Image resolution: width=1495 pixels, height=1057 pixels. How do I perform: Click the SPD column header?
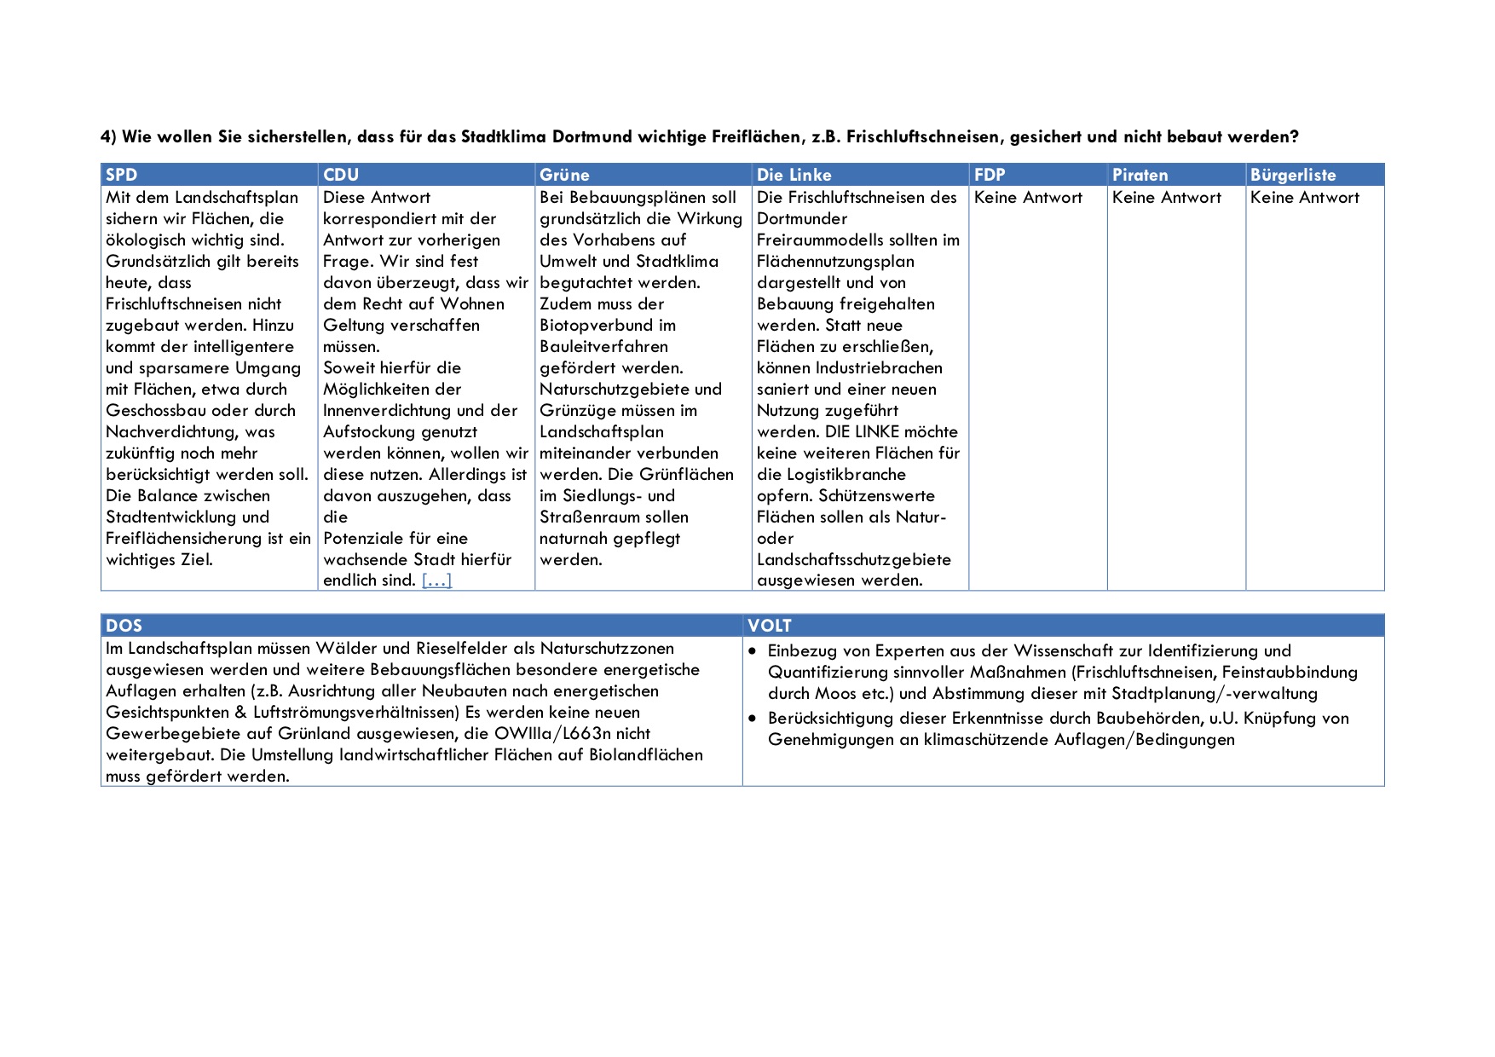click(x=121, y=175)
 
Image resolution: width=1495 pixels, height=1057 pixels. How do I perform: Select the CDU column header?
click(x=341, y=175)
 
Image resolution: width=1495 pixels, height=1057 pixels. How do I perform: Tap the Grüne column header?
click(x=564, y=175)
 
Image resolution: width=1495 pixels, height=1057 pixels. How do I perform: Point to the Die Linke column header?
click(x=794, y=175)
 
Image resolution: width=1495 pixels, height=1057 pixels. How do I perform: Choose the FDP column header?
click(x=990, y=175)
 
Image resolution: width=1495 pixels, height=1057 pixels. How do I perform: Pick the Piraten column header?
click(x=1139, y=175)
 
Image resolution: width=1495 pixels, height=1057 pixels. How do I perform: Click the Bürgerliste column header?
click(x=1292, y=175)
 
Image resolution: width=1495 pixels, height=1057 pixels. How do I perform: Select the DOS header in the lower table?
click(x=124, y=626)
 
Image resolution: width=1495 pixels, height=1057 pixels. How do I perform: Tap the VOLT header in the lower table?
click(x=769, y=626)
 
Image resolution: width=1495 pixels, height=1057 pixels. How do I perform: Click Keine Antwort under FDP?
click(x=1028, y=198)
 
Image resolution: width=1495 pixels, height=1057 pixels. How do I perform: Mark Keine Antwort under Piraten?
click(x=1166, y=198)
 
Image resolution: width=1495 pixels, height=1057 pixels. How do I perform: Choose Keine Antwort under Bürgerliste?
click(x=1304, y=198)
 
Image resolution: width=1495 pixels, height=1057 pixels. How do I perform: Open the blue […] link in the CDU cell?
click(x=436, y=580)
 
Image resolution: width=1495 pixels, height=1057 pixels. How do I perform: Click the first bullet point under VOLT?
click(x=753, y=651)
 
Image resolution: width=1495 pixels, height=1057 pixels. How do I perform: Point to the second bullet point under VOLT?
click(x=753, y=719)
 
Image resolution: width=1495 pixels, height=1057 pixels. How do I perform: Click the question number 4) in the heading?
click(x=108, y=136)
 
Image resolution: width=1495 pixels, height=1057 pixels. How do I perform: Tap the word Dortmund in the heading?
click(x=592, y=136)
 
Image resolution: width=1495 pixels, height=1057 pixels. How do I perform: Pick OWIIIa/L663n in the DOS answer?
click(x=572, y=734)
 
